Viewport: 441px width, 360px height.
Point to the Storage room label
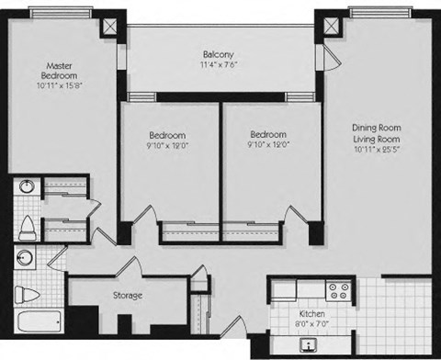[x=127, y=295]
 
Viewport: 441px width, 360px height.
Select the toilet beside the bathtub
[x=28, y=295]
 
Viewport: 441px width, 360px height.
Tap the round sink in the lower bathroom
[x=27, y=258]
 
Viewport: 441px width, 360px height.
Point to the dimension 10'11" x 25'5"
[x=377, y=150]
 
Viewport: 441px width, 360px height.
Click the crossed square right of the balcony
[x=328, y=27]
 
